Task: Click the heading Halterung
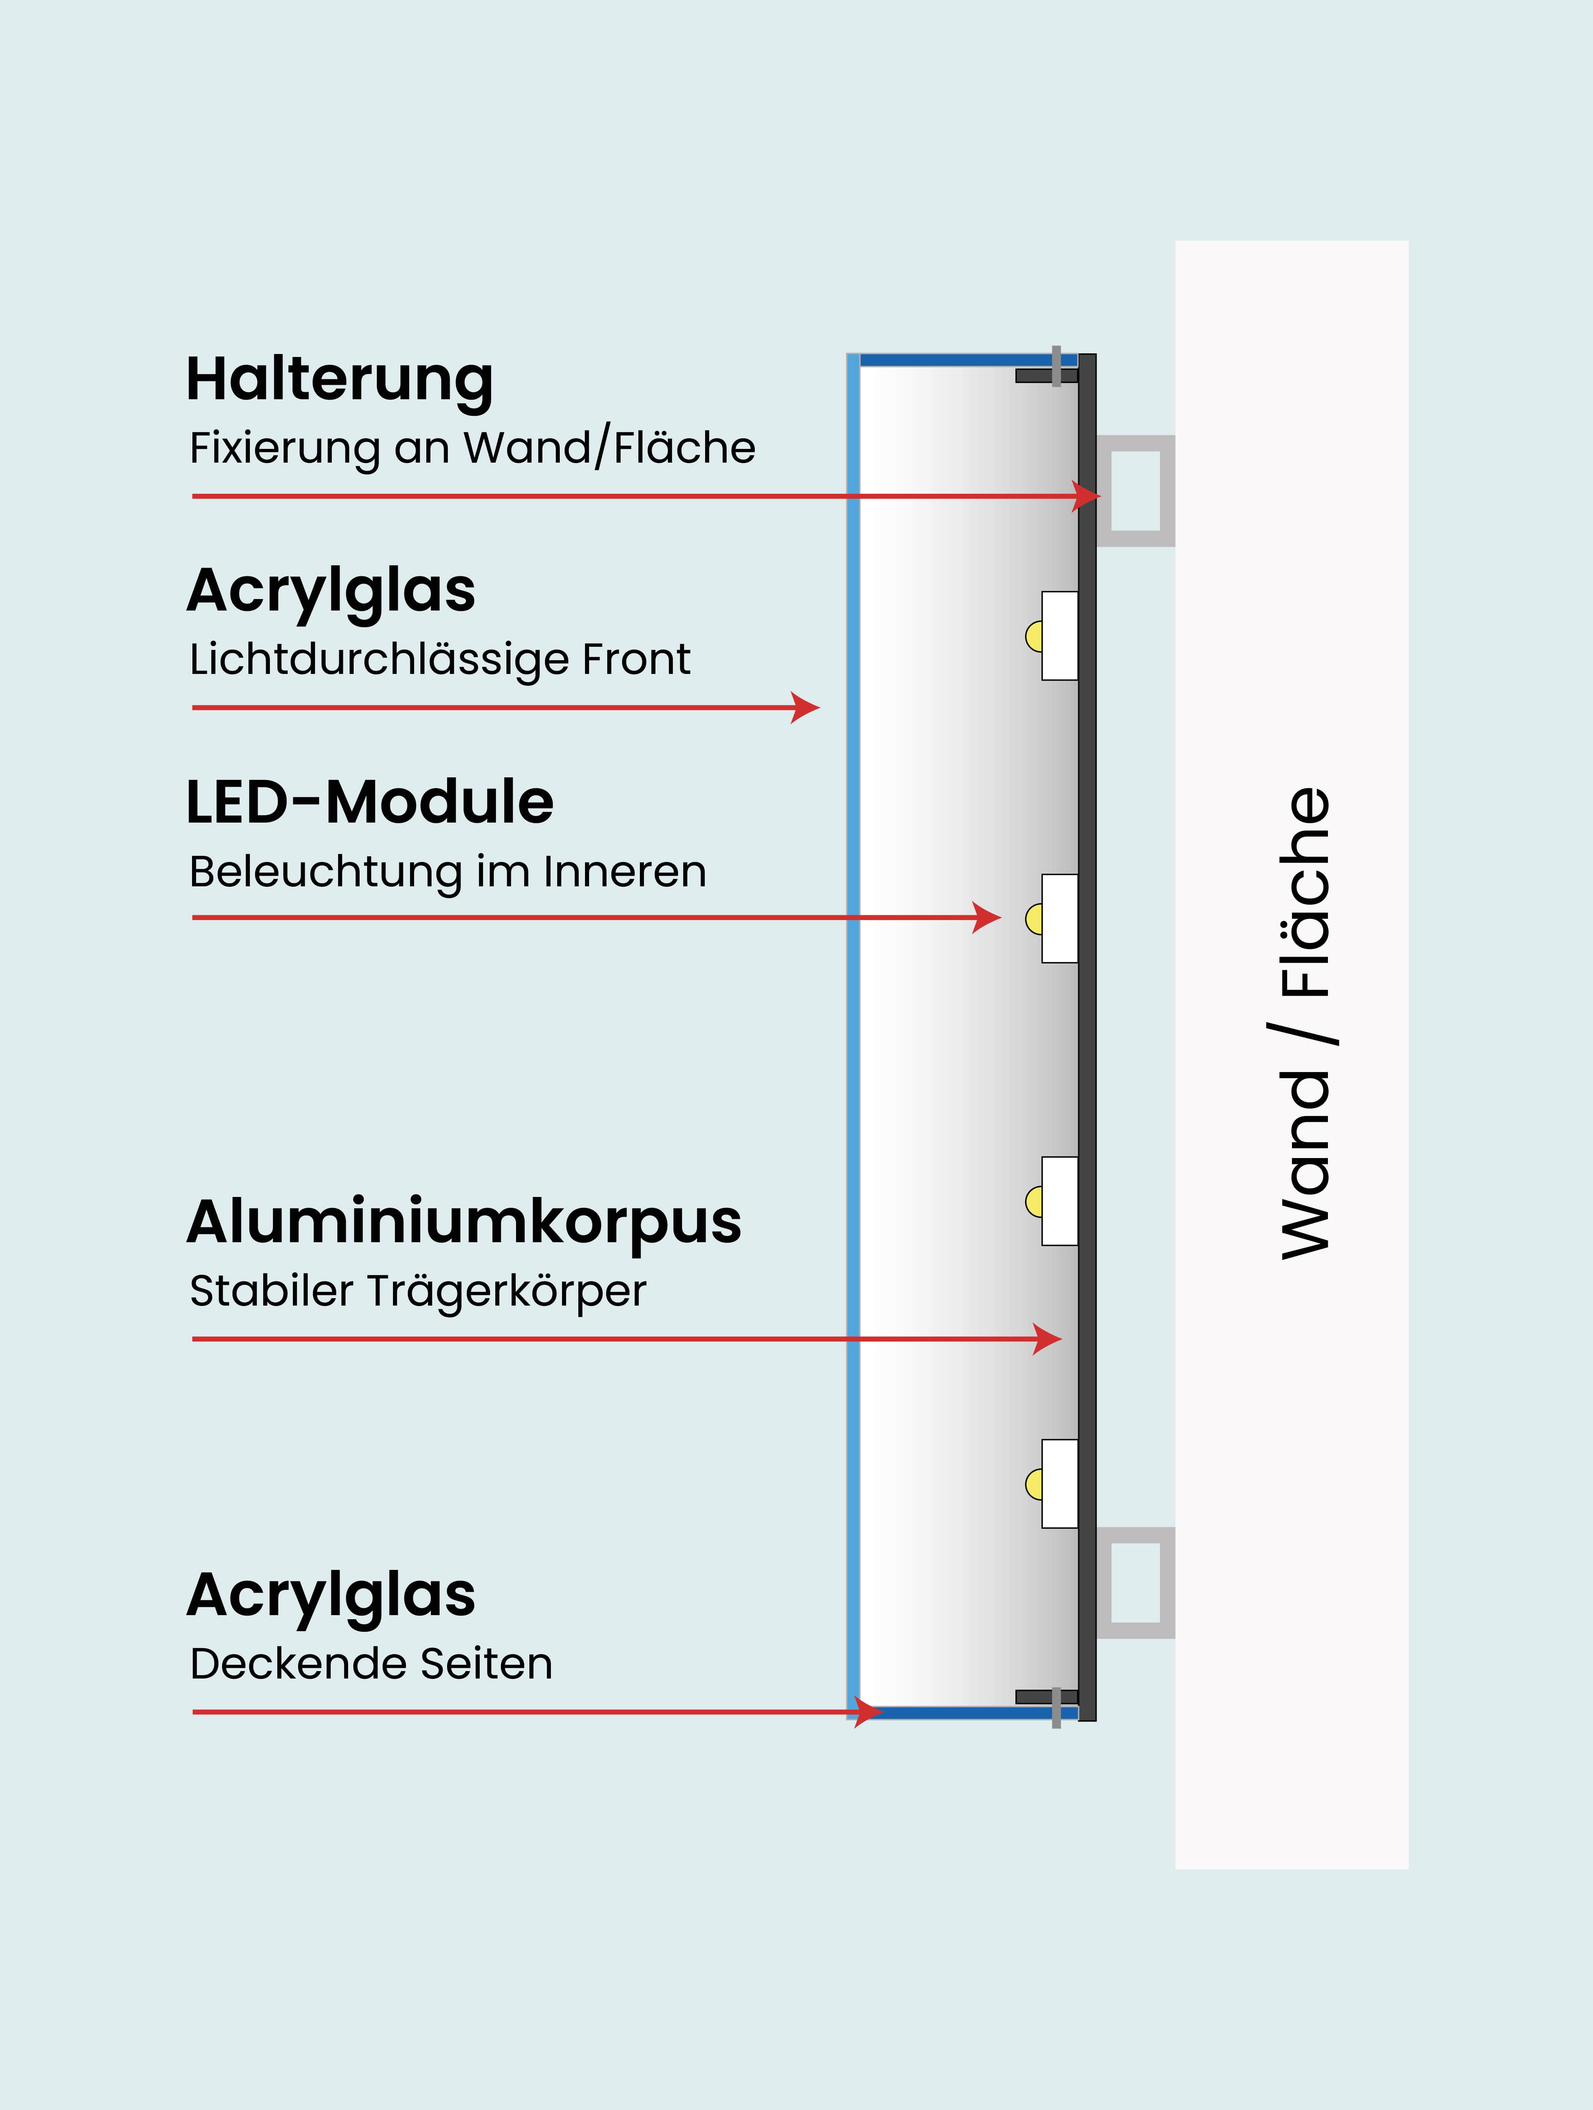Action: pos(340,380)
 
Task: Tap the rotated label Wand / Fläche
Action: pos(1305,1023)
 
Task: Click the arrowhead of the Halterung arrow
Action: pos(1087,496)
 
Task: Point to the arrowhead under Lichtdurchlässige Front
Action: pos(807,708)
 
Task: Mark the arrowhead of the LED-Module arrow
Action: pos(988,917)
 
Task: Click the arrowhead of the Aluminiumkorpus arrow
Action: pos(1049,1339)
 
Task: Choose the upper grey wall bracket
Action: pos(1135,490)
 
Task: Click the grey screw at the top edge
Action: pos(1056,366)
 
